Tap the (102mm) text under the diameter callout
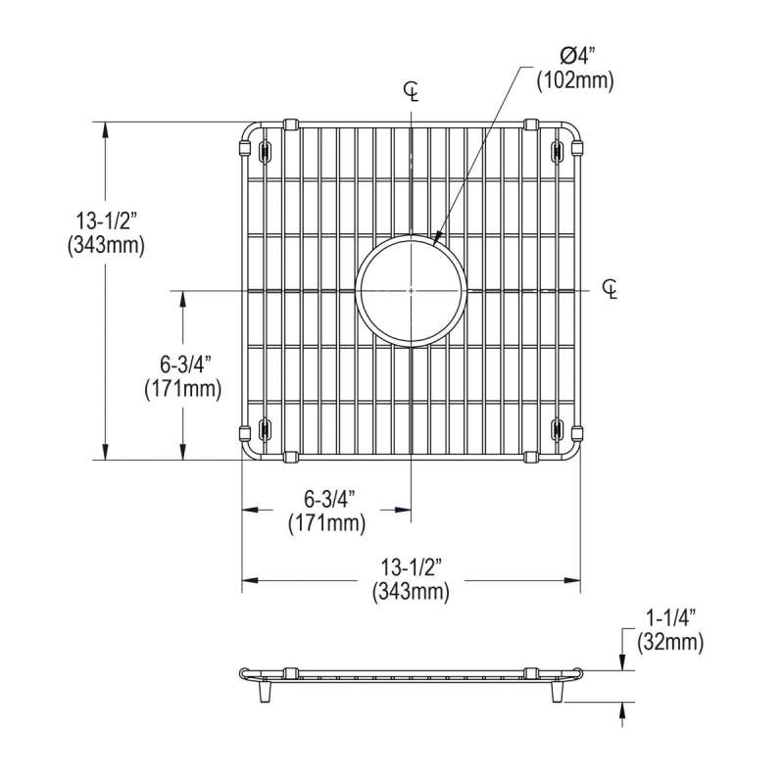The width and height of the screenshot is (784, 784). tap(575, 81)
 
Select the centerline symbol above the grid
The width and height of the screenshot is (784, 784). tap(411, 92)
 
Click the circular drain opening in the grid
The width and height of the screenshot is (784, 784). tap(411, 290)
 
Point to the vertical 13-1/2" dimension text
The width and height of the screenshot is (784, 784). tap(107, 220)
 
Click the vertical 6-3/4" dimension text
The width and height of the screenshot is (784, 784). tap(183, 365)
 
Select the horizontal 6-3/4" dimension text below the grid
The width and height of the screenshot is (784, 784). tap(327, 499)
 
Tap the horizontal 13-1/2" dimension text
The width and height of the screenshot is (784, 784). tap(412, 568)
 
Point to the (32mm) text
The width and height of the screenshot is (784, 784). tap(670, 642)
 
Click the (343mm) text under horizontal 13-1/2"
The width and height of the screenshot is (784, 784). tap(411, 592)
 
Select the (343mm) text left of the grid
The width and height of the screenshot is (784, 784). tap(107, 246)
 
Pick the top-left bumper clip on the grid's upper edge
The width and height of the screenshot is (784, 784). tap(290, 124)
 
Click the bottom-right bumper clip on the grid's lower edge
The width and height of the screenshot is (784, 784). tap(531, 457)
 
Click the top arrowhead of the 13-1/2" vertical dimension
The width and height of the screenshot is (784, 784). tap(105, 132)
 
